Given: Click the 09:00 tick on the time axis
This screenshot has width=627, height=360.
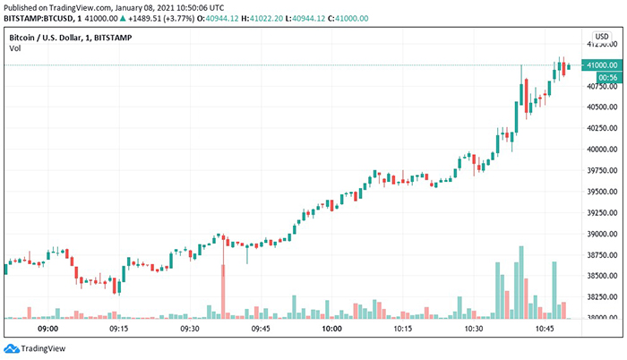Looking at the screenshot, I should pyautogui.click(x=48, y=330).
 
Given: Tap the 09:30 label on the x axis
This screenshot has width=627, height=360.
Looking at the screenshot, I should pyautogui.click(x=190, y=330).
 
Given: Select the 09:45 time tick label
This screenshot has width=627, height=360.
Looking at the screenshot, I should pyautogui.click(x=261, y=330).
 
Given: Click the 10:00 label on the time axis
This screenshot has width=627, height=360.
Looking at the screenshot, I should pyautogui.click(x=332, y=330).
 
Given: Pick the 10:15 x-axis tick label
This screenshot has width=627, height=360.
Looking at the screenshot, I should pyautogui.click(x=403, y=330).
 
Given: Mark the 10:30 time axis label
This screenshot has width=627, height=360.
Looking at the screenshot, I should pyautogui.click(x=474, y=330).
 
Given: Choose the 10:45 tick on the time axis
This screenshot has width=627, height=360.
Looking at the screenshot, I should pyautogui.click(x=545, y=330).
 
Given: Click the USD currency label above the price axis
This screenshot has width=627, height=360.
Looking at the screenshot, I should pyautogui.click(x=602, y=36).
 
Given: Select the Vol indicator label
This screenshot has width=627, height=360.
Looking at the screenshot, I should pyautogui.click(x=14, y=48).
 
